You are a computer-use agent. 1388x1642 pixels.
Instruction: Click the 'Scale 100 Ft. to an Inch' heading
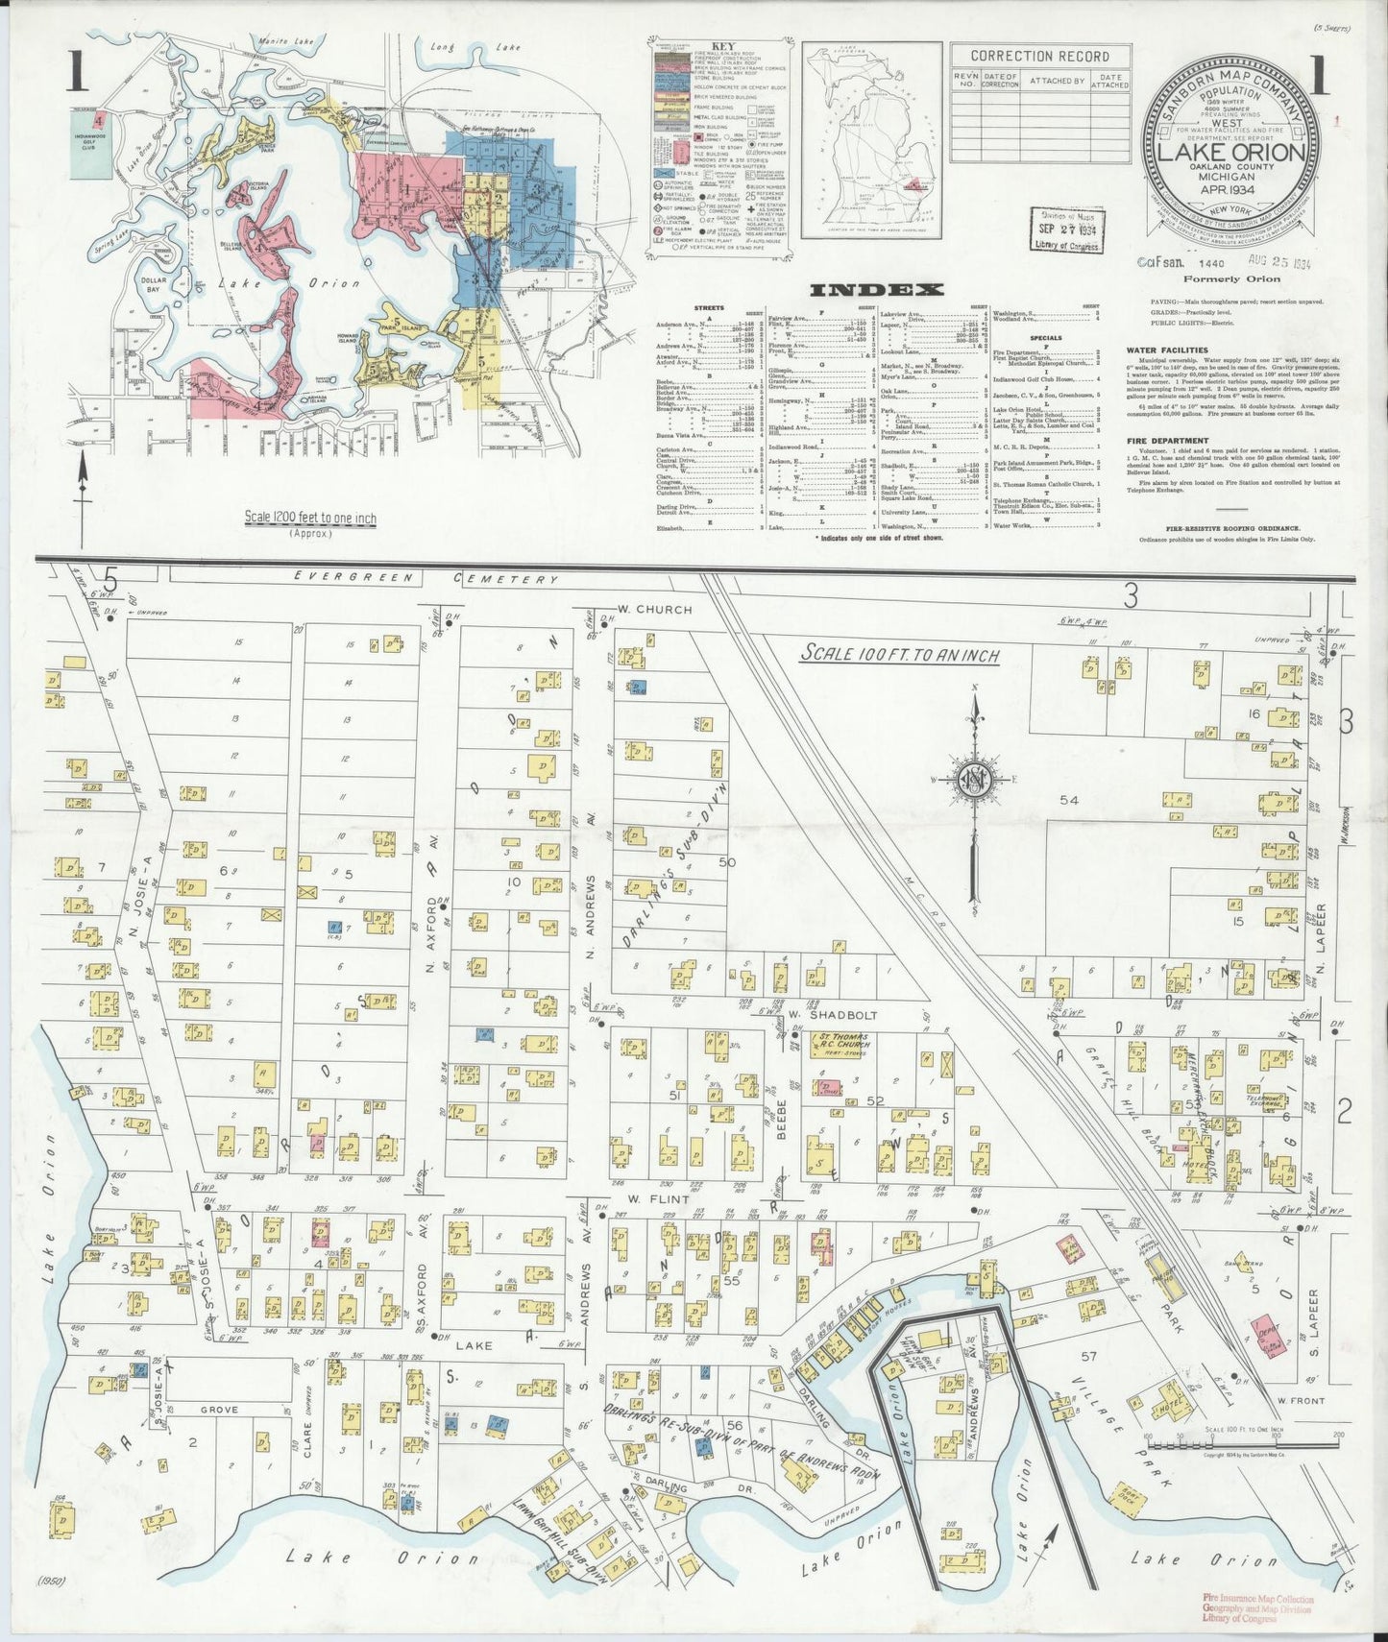tap(900, 655)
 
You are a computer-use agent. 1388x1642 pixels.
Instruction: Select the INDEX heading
tap(876, 289)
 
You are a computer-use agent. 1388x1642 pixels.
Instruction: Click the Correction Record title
tap(1039, 57)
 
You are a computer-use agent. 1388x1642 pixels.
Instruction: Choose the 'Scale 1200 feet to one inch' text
tap(310, 519)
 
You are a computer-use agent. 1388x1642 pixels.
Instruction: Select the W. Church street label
tap(654, 609)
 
